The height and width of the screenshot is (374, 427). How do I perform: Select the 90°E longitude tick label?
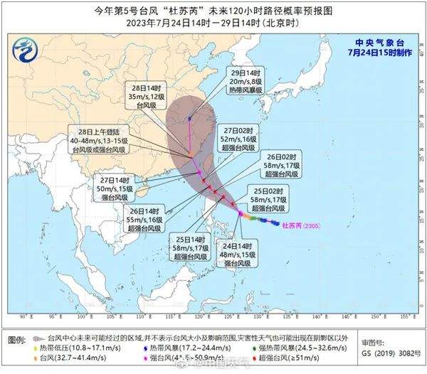point(23,316)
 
